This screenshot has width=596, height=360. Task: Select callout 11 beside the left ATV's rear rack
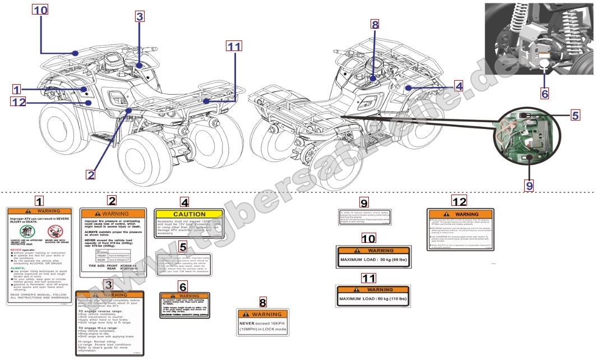[234, 47]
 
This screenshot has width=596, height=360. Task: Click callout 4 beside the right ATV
[459, 86]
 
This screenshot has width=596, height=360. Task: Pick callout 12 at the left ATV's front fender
[18, 101]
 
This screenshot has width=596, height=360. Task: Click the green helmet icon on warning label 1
[25, 231]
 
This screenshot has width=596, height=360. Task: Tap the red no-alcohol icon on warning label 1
[54, 231]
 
